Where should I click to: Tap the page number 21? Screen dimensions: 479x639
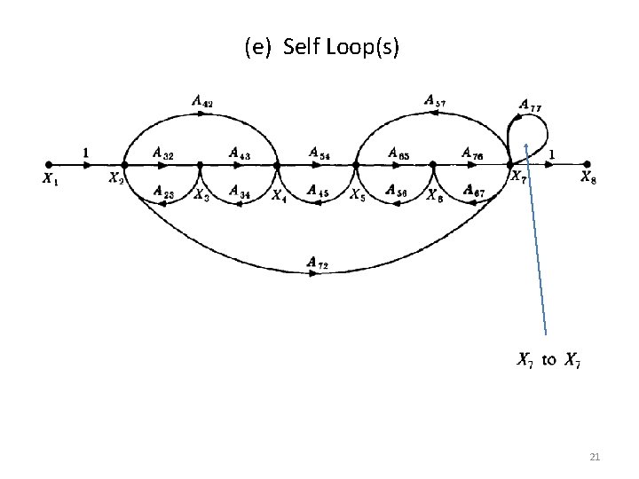point(595,457)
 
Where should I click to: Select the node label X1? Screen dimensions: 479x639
point(49,178)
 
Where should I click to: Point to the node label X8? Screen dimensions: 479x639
point(588,177)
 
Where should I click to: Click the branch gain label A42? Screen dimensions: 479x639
point(201,103)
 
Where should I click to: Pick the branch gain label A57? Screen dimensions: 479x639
point(434,102)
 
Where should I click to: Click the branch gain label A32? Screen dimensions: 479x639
point(162,153)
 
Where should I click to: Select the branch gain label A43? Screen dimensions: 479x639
point(239,153)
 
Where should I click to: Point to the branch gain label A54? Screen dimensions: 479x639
point(319,153)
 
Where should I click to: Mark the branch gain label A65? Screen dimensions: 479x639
point(398,153)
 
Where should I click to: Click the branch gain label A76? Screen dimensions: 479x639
point(472,153)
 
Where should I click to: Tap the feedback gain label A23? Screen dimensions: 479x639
point(162,190)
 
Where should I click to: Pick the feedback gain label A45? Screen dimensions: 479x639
point(318,190)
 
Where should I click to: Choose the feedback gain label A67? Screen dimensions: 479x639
point(472,190)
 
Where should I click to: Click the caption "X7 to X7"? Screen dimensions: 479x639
point(549,359)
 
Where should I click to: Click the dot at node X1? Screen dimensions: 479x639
point(49,164)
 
